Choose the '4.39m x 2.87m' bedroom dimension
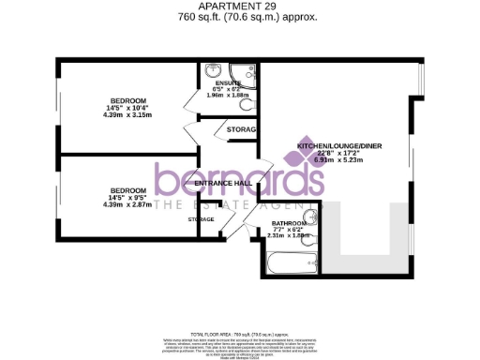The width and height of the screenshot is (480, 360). (127, 203)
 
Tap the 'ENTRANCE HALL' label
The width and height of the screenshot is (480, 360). (220, 183)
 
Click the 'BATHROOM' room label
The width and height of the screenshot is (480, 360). (279, 223)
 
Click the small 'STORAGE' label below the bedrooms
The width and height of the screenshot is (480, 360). (201, 219)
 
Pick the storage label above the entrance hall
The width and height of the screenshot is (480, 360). (242, 128)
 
